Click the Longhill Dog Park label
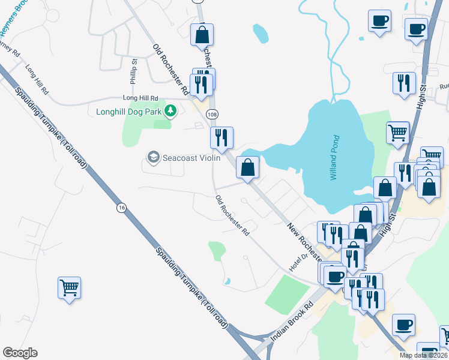(130, 112)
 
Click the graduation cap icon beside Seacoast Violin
(153, 157)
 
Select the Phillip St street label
(134, 71)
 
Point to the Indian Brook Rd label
(292, 322)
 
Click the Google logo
(20, 353)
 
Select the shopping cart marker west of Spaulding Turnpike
(69, 288)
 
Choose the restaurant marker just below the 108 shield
(221, 138)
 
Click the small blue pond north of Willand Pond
(261, 33)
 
